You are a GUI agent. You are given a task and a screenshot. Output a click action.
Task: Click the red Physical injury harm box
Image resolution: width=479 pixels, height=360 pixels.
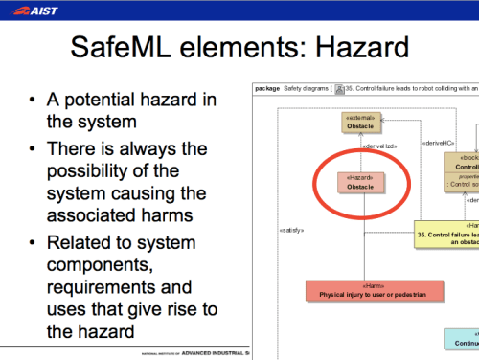[x=375, y=291]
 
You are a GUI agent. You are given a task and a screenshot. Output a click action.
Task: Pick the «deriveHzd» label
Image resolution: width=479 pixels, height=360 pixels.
[x=380, y=146]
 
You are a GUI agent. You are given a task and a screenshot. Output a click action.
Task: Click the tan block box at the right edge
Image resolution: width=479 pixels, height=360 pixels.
[x=462, y=172]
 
